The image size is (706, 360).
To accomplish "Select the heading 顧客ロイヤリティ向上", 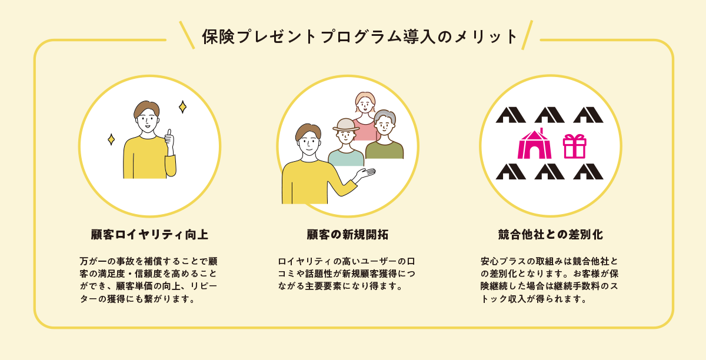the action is coord(149,235).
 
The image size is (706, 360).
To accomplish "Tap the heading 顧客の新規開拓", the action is coord(347,235).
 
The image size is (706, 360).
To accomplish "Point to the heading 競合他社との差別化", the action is coord(550,235).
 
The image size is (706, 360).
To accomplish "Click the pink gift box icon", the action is coord(575,146).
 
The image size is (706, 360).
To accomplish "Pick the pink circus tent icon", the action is coord(534,144).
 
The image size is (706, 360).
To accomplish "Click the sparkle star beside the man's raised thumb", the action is coord(182,107).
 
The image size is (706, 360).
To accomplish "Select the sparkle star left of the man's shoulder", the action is coord(111,139).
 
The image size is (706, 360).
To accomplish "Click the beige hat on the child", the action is coord(346,125).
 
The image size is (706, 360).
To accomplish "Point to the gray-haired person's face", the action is coord(384,125).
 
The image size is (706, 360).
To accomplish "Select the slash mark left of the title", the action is coord(187,35).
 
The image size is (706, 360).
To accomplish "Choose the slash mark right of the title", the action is coord(527,35).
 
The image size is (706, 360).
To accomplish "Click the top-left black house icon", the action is coord(510,115).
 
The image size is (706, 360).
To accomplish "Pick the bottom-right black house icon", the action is coord(588,171).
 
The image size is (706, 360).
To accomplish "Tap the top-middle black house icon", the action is coord(550,115).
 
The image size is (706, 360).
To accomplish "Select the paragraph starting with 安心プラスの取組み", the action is coord(548,279).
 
